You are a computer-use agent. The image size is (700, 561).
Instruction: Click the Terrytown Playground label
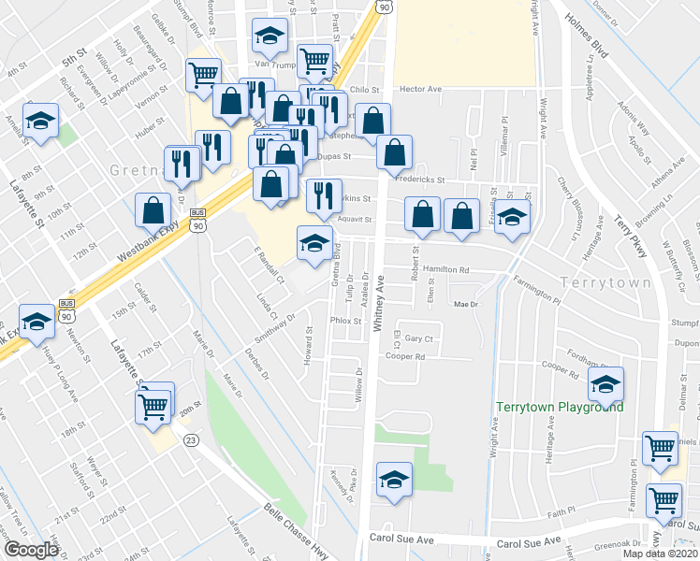560,407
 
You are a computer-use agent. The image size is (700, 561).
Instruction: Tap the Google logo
31,550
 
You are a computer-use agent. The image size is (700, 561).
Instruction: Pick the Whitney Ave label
380,303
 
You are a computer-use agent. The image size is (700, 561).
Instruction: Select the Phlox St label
345,320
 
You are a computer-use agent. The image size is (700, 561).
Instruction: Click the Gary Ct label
420,338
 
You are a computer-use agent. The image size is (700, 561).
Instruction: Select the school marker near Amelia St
41,121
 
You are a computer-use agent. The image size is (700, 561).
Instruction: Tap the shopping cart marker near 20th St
153,406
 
